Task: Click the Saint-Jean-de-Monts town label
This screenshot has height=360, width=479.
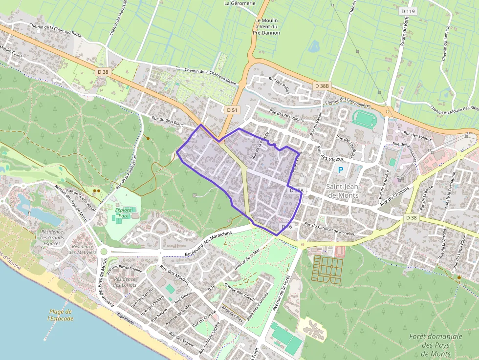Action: click(342, 191)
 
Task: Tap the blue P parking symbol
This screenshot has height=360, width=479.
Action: click(341, 170)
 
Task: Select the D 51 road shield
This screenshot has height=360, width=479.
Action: click(232, 110)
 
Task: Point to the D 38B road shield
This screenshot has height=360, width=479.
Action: click(323, 86)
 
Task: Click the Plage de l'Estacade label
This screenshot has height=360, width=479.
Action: click(61, 315)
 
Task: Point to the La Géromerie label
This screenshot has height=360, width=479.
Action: click(240, 3)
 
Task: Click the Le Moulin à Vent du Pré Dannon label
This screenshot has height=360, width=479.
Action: click(266, 26)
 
